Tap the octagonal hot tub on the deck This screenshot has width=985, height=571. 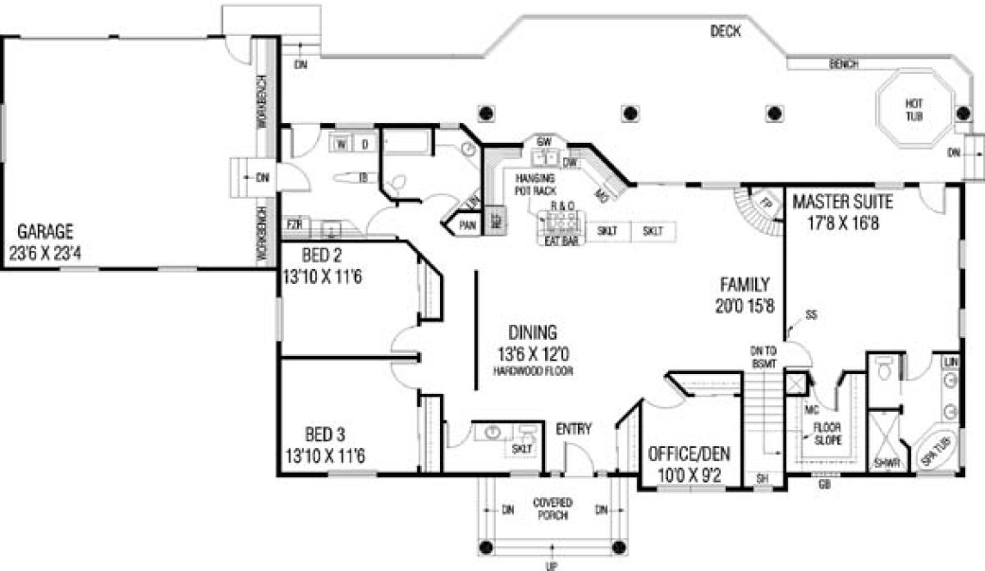point(914,109)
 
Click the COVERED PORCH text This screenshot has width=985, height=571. point(553,507)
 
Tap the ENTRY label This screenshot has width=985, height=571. point(573,428)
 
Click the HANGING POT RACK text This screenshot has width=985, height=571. point(535,183)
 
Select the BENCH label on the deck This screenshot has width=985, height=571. point(844,64)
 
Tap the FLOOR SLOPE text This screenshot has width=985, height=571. point(829,432)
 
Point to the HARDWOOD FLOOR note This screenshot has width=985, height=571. point(533,371)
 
